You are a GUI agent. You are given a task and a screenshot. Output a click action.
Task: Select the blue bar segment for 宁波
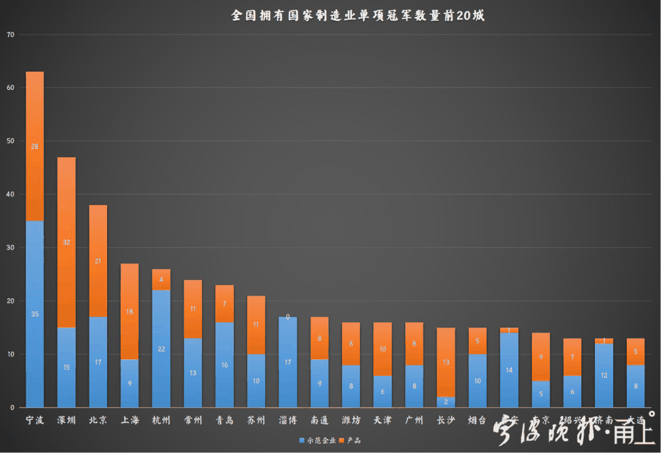click(x=35, y=313)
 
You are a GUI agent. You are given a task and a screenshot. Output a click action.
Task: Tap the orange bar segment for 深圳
click(x=66, y=242)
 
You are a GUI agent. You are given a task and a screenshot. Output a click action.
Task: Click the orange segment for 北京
click(x=98, y=261)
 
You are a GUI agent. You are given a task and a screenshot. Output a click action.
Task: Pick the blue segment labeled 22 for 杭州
click(x=161, y=348)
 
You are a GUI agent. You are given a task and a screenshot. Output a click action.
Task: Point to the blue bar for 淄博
click(x=288, y=362)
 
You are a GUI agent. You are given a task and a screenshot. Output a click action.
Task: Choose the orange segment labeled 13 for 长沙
click(x=446, y=362)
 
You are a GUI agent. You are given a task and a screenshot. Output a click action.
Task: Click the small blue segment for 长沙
click(x=446, y=402)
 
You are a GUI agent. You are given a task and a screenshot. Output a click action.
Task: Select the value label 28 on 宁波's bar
click(x=35, y=146)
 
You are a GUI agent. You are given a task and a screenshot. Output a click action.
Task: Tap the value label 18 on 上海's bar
click(x=130, y=312)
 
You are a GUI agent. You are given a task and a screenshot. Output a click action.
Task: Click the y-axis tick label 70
click(x=10, y=35)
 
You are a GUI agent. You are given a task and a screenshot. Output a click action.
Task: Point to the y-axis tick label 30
click(x=10, y=248)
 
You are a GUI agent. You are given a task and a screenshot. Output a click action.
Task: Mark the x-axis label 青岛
click(x=225, y=421)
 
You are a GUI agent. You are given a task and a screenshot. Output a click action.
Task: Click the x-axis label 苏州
click(x=256, y=421)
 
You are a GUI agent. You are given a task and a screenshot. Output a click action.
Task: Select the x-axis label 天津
click(x=383, y=421)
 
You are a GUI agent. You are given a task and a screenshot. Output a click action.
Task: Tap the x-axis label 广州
click(x=414, y=421)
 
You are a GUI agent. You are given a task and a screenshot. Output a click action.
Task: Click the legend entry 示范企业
click(x=318, y=440)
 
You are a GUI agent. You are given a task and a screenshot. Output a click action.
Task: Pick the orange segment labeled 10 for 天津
click(x=383, y=349)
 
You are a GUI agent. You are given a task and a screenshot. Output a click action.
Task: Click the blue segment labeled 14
click(x=509, y=370)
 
